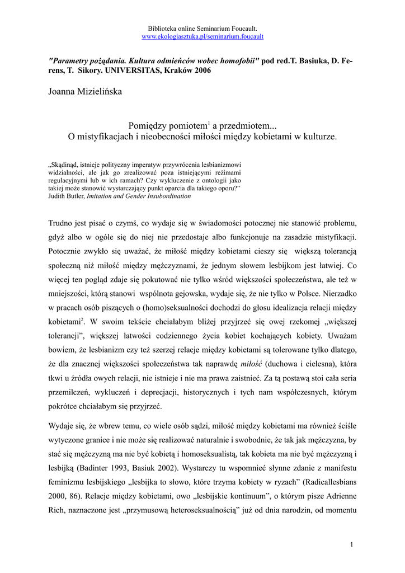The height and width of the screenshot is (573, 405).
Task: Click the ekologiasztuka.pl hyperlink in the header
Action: click(202, 36)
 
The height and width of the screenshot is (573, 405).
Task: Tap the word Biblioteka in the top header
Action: click(161, 28)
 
